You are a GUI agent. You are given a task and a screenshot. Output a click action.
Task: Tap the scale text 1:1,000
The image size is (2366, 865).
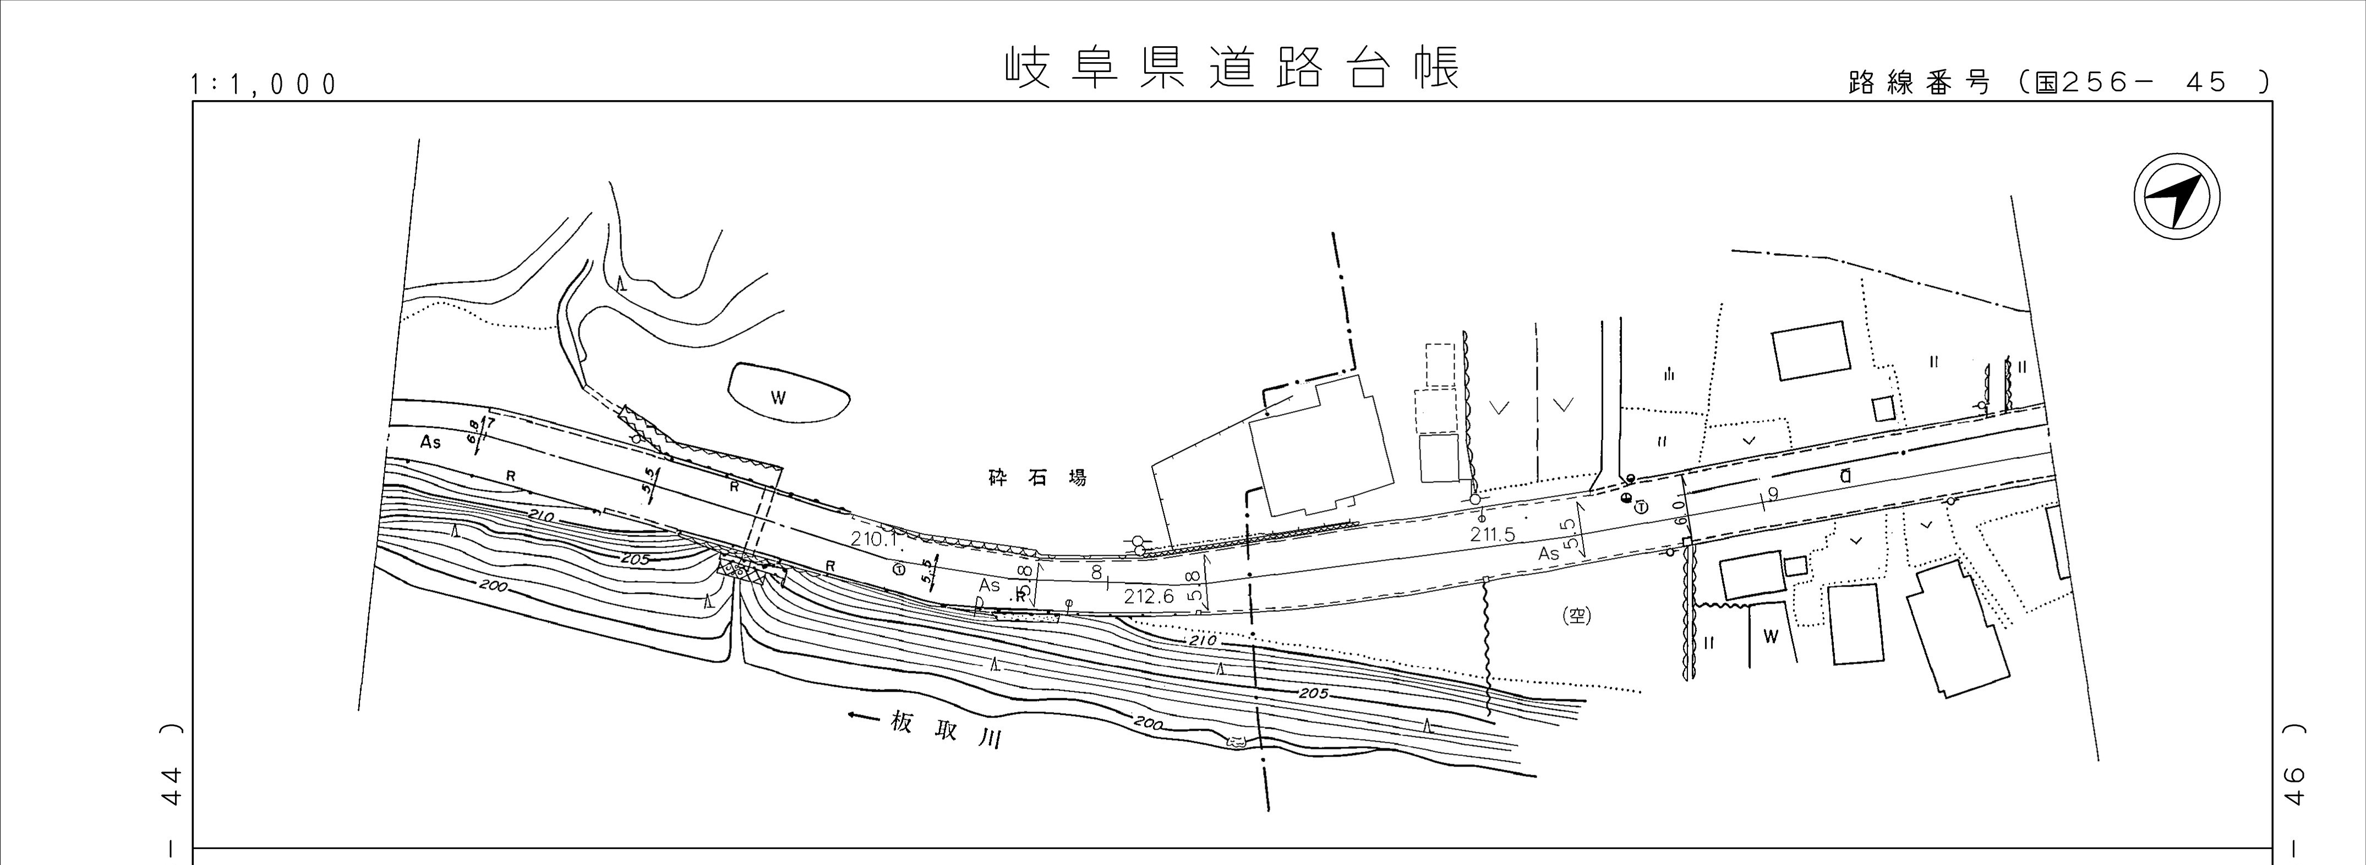[x=264, y=85]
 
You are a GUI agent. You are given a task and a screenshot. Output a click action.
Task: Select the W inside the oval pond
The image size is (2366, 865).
[x=779, y=398]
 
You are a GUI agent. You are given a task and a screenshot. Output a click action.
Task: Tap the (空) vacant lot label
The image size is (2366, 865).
[x=1576, y=617]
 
